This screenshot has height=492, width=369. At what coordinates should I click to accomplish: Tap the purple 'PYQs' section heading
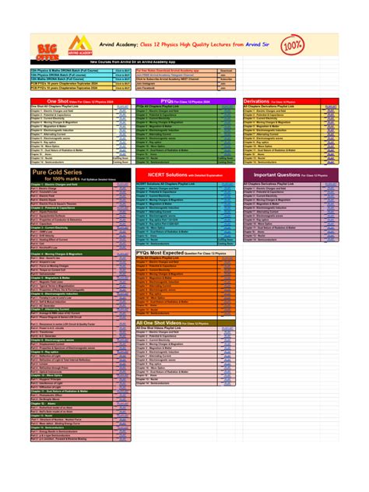(185, 100)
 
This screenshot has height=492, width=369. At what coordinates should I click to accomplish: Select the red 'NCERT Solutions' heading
(185, 175)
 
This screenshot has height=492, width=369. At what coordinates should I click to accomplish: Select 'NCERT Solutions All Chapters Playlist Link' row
(175, 184)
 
